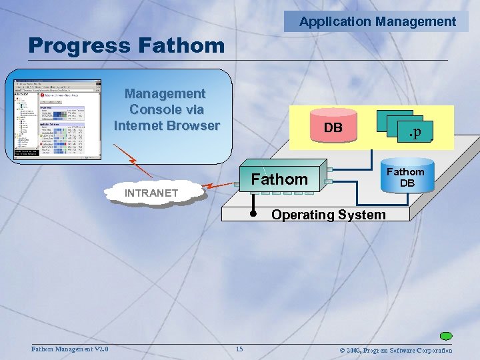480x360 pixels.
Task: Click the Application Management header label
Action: [x=377, y=21]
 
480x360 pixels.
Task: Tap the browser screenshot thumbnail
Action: [x=58, y=119]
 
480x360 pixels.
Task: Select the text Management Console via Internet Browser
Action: [x=166, y=109]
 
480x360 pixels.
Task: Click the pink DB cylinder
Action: [x=333, y=127]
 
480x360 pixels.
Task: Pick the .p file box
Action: [x=413, y=131]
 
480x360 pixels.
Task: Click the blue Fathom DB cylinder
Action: [x=407, y=177]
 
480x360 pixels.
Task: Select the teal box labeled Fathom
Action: [x=279, y=179]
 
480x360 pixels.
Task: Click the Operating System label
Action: [x=327, y=215]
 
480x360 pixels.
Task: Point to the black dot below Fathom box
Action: [x=254, y=215]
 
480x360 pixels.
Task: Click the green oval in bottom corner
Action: [x=446, y=336]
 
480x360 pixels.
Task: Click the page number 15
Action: [x=239, y=350]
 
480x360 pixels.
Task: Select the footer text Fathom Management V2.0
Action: [x=70, y=350]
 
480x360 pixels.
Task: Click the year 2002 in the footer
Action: [x=351, y=350]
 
